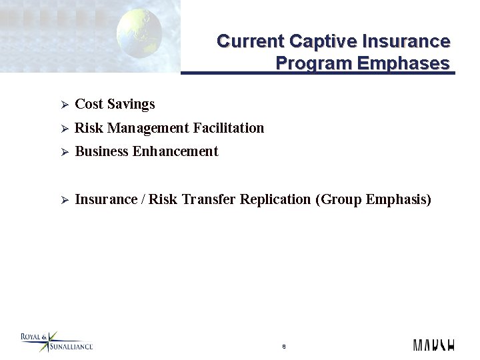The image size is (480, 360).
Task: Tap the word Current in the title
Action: [251, 41]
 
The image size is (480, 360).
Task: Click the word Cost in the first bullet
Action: [89, 104]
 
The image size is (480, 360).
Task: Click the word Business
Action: [102, 152]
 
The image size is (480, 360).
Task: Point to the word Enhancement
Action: [175, 152]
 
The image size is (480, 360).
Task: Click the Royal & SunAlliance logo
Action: [56, 342]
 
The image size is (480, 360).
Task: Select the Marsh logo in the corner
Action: [433, 345]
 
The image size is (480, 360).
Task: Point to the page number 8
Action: [284, 347]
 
